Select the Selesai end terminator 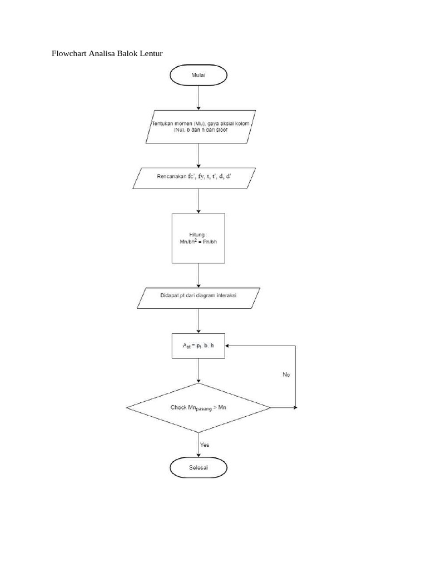(198, 468)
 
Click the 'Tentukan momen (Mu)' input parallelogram (198, 127)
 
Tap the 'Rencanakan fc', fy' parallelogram (198, 178)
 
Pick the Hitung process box (198, 238)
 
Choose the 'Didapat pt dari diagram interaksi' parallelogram (198, 297)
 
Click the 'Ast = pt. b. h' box (198, 345)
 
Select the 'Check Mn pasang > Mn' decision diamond (198, 407)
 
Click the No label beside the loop (286, 375)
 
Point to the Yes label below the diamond (205, 445)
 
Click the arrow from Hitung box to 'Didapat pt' (198, 275)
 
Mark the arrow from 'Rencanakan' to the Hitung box (198, 201)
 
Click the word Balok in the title (130, 54)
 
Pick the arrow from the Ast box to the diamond (198, 370)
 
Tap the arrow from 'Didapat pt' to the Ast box (198, 321)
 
